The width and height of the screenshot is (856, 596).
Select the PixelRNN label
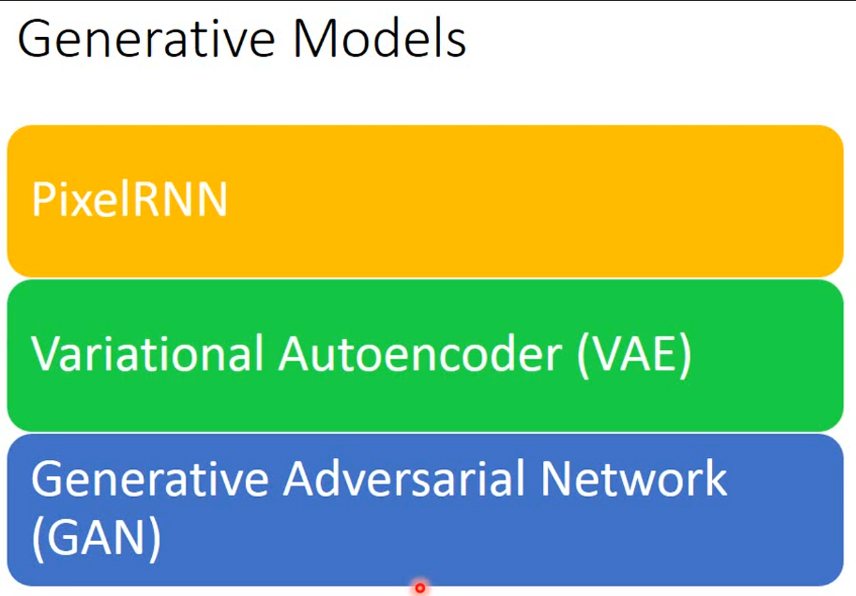129,200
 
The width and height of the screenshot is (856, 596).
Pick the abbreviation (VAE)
634,354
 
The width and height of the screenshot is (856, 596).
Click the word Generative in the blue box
148,478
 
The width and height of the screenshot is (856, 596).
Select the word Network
633,478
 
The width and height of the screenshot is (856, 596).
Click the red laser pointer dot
420,588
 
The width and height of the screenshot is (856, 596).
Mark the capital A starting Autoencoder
295,354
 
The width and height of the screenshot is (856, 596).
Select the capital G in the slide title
36,40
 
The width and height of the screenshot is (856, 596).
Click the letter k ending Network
714,478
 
